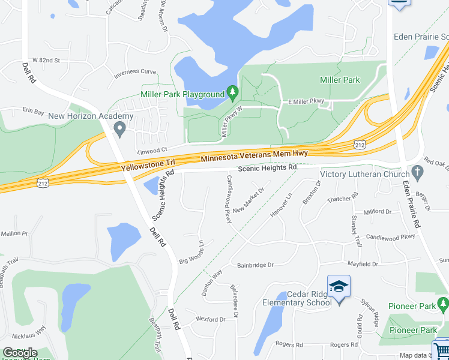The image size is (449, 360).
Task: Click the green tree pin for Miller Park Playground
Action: (234, 93)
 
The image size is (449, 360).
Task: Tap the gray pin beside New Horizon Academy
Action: (119, 127)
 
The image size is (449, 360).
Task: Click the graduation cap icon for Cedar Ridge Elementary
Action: (339, 286)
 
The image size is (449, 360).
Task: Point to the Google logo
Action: (20, 353)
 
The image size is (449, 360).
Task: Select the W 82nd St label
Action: (46, 61)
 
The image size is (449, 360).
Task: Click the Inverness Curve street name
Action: (135, 72)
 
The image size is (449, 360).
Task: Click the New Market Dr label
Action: (249, 200)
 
